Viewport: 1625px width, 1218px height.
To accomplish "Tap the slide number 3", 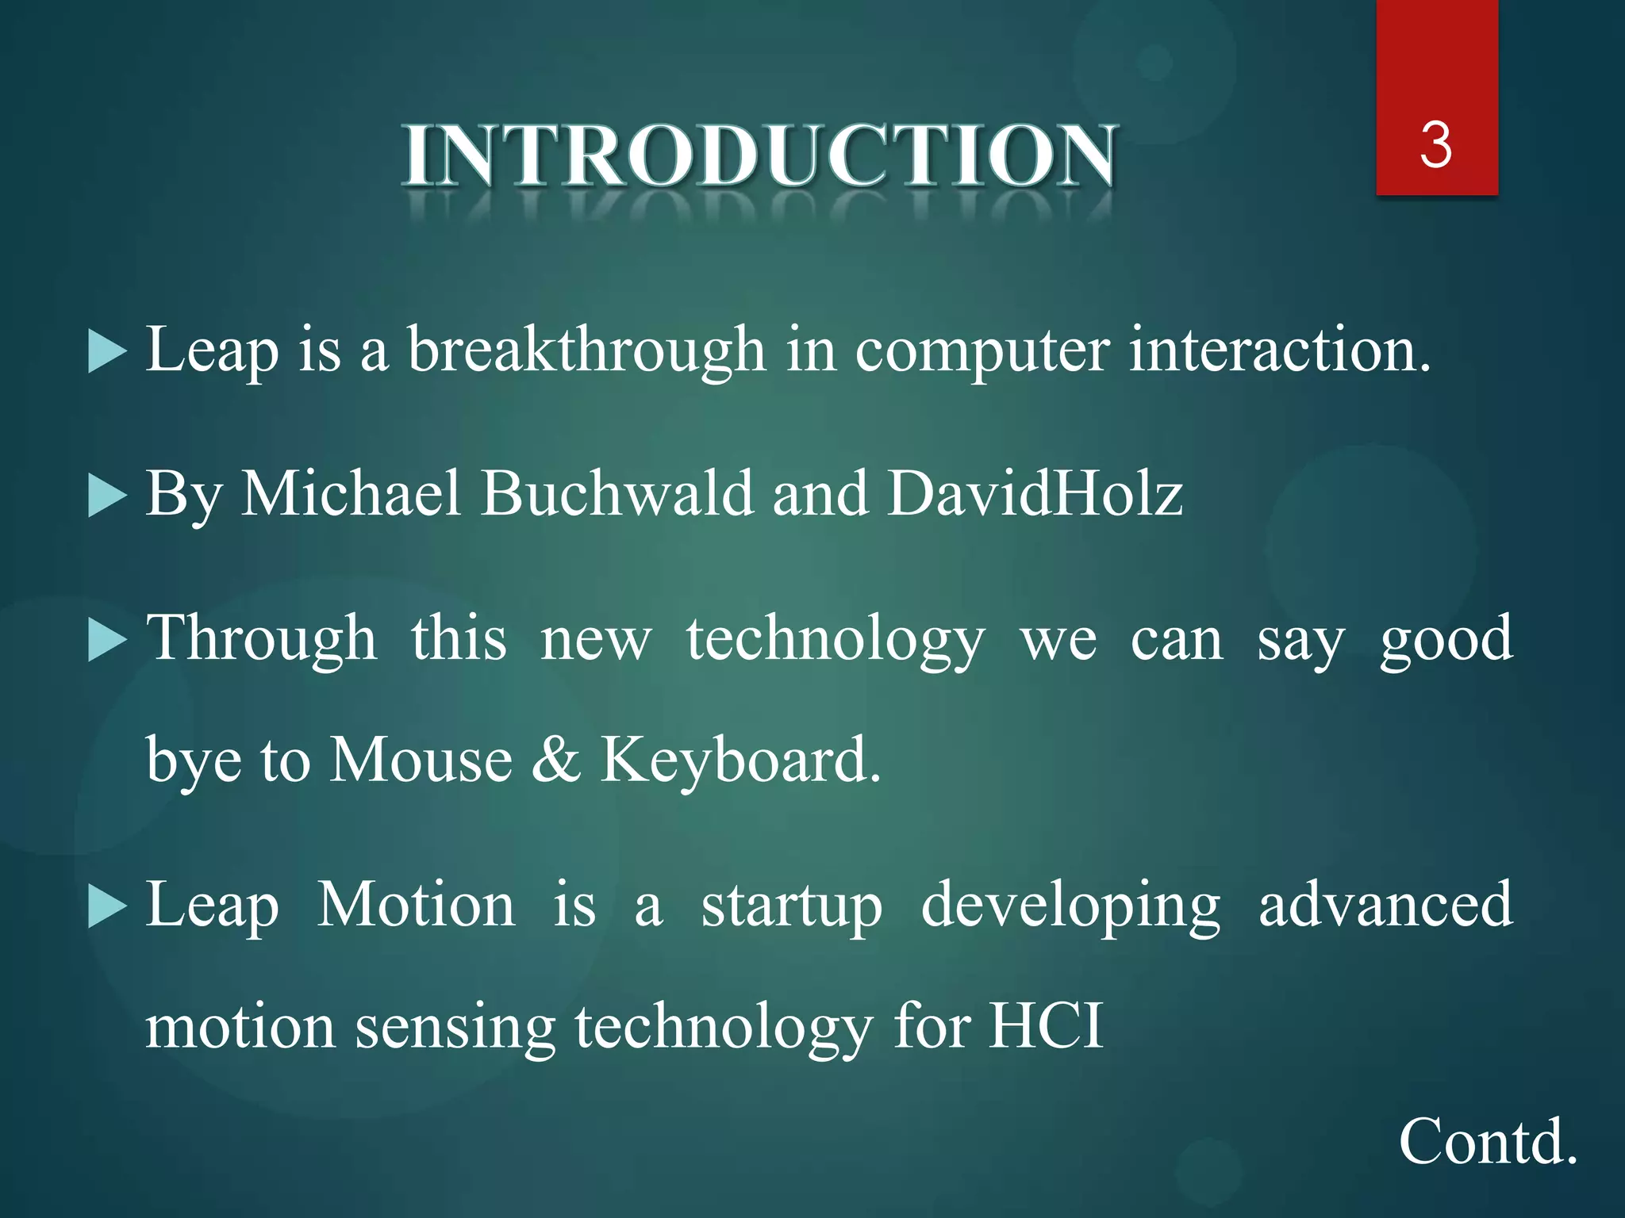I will (x=1436, y=145).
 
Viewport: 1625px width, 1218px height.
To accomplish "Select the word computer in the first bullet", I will (x=982, y=350).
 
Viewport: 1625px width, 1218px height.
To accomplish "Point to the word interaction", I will (x=1279, y=350).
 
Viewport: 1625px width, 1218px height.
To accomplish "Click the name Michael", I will (x=351, y=493).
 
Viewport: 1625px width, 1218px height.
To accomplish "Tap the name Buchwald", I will (x=617, y=493).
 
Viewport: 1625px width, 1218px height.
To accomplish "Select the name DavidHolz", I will (x=1035, y=493).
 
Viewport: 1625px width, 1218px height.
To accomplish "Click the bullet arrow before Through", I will (x=107, y=640).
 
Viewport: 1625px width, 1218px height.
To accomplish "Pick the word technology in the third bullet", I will (x=836, y=640).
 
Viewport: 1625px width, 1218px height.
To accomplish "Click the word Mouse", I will (x=421, y=760).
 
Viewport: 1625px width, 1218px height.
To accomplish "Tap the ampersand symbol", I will (x=556, y=760).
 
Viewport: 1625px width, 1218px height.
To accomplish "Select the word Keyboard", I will (x=740, y=760).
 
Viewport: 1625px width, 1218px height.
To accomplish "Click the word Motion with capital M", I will (x=416, y=906).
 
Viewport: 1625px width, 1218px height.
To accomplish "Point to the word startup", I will (x=791, y=906).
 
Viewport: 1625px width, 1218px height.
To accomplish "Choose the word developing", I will (x=1070, y=906).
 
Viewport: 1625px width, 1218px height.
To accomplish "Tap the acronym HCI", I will (x=1045, y=1026).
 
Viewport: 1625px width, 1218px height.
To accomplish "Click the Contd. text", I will (x=1487, y=1141).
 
